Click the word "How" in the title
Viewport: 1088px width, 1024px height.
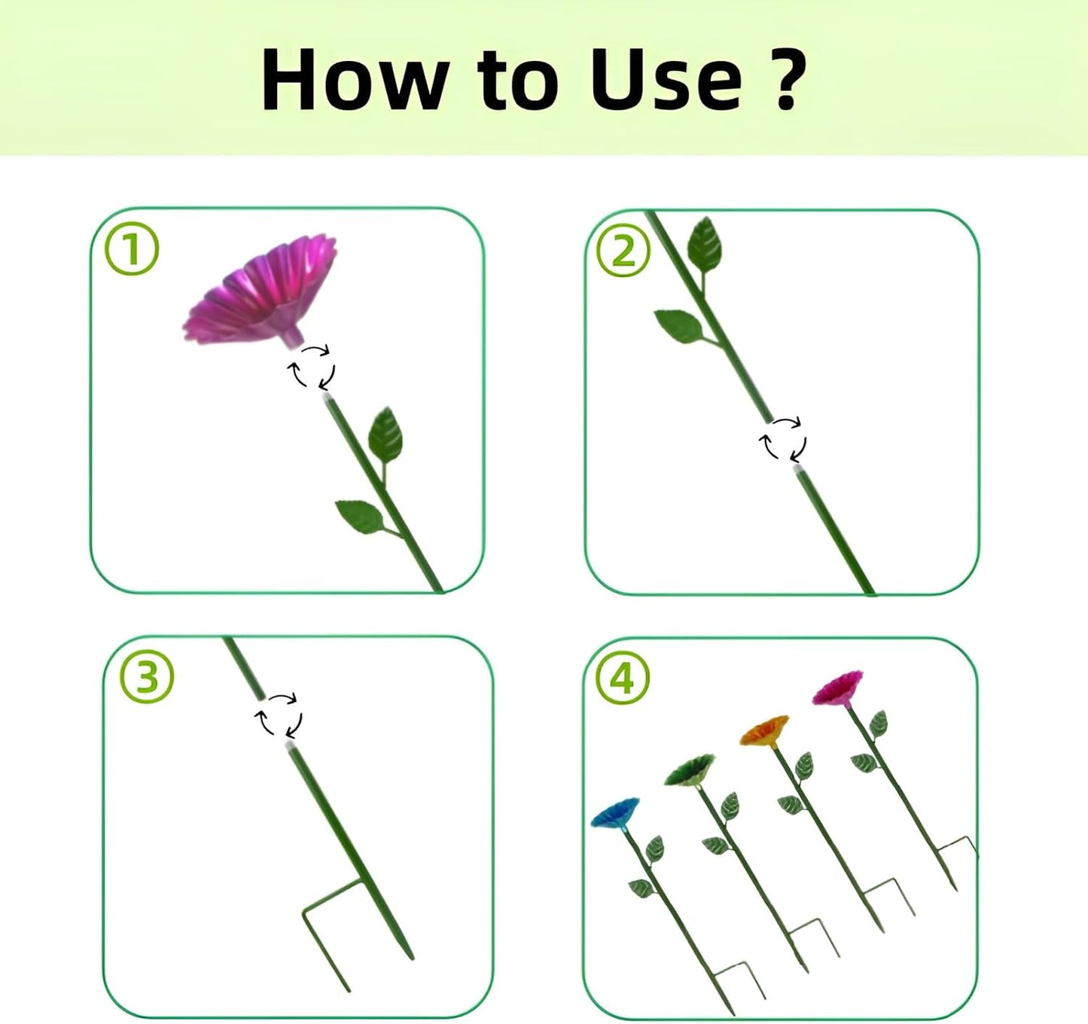[352, 79]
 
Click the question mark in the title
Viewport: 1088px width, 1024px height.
[788, 80]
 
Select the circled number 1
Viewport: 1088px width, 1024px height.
[132, 253]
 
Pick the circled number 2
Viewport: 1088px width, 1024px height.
[623, 253]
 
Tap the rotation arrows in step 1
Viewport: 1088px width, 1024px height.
[311, 366]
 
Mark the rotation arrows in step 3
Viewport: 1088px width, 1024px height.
[279, 716]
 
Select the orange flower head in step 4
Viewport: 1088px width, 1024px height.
[764, 730]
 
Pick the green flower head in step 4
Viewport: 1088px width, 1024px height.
[690, 770]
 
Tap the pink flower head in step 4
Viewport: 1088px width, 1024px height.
[837, 687]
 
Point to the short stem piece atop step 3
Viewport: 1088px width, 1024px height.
[244, 668]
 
